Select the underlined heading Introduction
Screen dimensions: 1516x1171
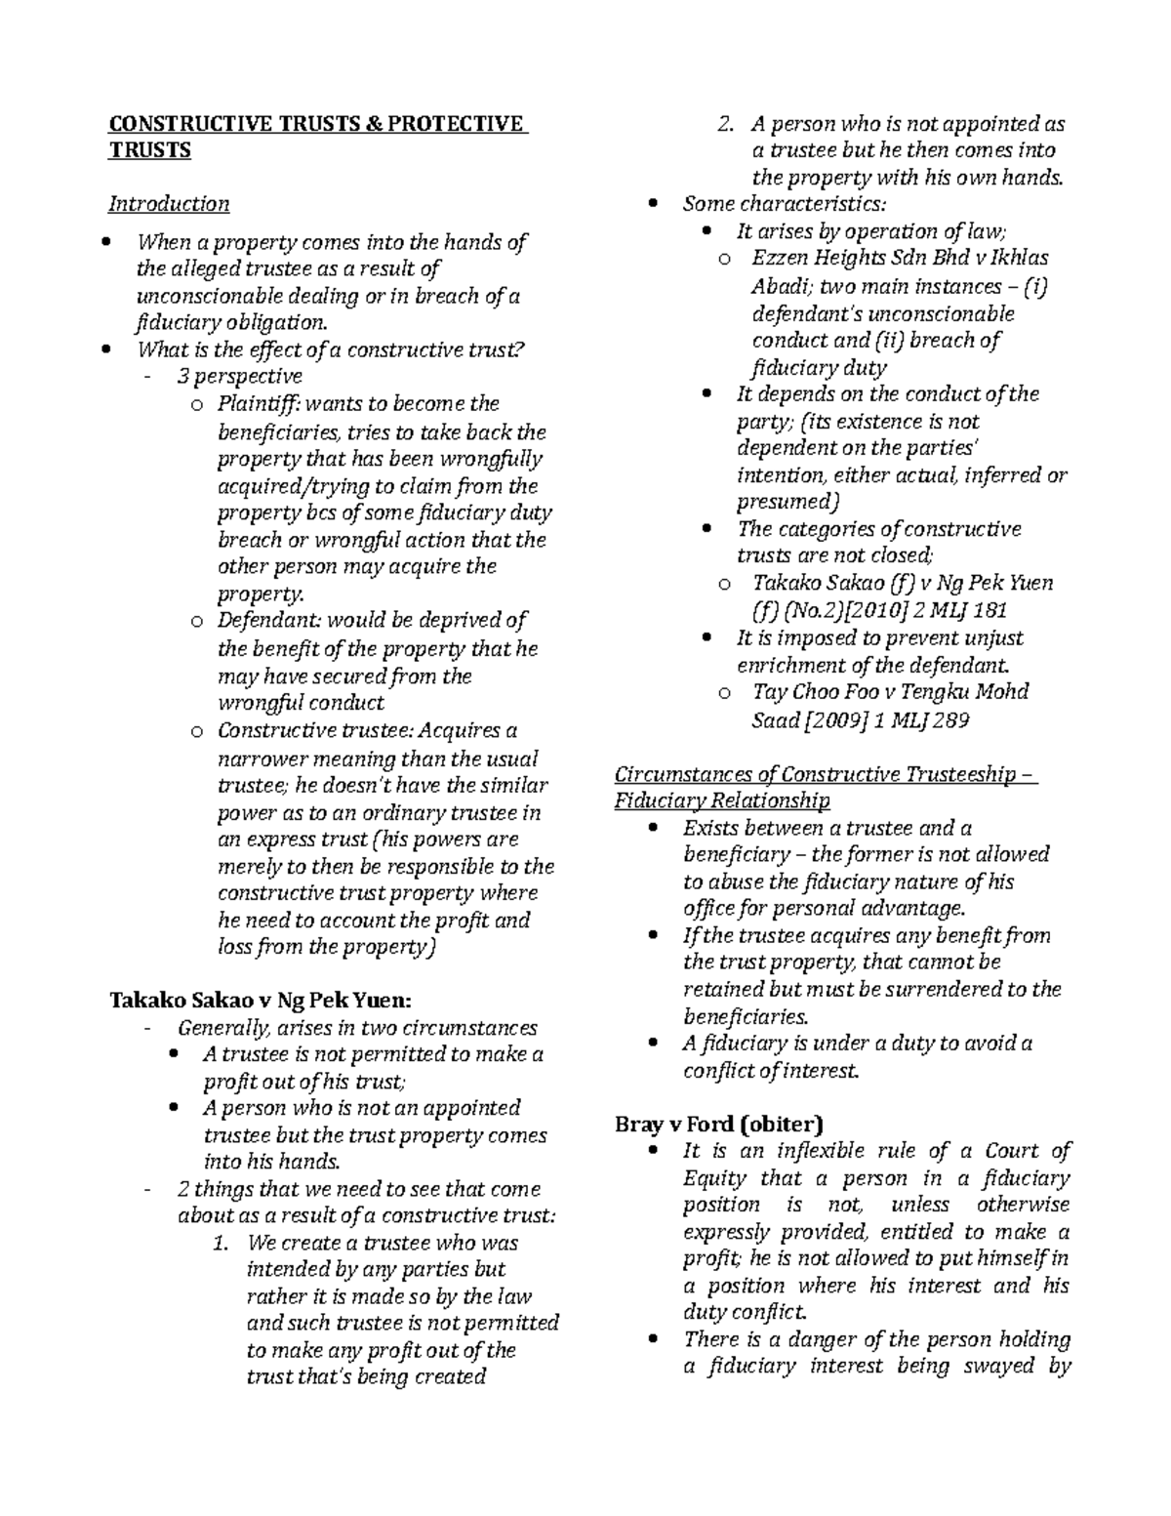click(169, 204)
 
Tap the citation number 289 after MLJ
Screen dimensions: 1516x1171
click(950, 720)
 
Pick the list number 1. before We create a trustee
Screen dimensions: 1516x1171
click(221, 1244)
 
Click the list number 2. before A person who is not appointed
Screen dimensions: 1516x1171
click(724, 125)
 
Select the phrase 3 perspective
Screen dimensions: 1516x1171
click(239, 377)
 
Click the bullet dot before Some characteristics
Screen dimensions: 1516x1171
click(655, 204)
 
